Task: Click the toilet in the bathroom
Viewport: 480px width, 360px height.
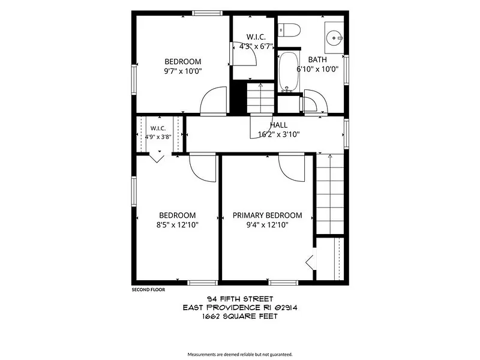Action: point(289,31)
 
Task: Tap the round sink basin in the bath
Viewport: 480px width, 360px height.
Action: point(332,38)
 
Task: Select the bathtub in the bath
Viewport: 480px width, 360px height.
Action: point(289,71)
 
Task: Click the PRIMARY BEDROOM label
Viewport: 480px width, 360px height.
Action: point(267,215)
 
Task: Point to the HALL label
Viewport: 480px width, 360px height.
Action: point(278,125)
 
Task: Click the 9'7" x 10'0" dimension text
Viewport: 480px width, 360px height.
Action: point(183,71)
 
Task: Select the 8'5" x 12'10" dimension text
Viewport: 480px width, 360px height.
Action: point(178,225)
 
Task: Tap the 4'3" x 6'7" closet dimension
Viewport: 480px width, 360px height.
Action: point(256,47)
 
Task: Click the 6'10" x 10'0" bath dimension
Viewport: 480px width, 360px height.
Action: point(317,69)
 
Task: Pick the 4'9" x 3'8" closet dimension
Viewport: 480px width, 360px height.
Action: point(158,137)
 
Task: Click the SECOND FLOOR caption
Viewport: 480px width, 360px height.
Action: point(148,290)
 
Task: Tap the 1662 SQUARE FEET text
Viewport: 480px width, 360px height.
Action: point(239,317)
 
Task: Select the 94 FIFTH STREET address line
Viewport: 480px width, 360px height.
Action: point(240,299)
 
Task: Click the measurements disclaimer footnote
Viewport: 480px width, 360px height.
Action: point(240,355)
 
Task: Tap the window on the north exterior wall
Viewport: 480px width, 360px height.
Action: point(207,13)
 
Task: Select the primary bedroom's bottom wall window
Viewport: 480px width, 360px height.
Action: point(283,283)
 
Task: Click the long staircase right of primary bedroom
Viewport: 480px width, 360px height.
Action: point(329,194)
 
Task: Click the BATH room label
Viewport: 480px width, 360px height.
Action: point(317,59)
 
